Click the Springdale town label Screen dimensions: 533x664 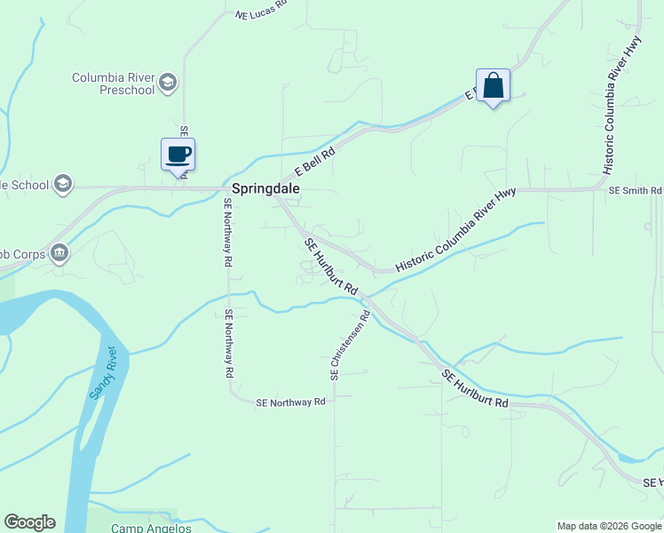tap(265, 189)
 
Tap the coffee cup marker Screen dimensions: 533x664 tap(178, 154)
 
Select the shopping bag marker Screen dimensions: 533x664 tap(493, 86)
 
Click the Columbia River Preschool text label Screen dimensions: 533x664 tap(113, 84)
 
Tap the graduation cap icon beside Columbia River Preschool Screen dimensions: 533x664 tap(167, 84)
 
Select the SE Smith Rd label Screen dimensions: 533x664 tap(635, 190)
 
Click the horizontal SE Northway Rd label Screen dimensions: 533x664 tap(290, 402)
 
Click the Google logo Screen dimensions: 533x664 tap(29, 522)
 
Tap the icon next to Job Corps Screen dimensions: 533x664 tap(59, 252)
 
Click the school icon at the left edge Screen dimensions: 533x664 tap(62, 184)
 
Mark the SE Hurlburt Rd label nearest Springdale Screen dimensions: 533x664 tap(330, 267)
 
